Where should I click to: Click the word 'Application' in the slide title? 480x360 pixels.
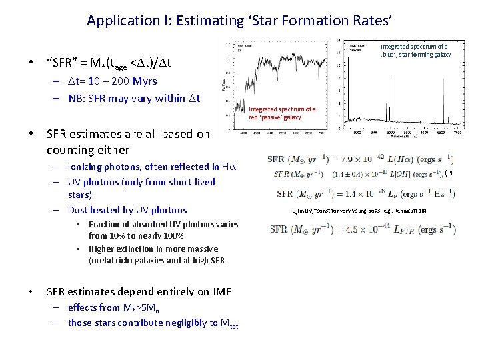coord(121,21)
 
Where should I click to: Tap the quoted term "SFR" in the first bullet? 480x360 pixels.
coord(61,63)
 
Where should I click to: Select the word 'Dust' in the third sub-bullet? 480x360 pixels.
coord(79,210)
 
